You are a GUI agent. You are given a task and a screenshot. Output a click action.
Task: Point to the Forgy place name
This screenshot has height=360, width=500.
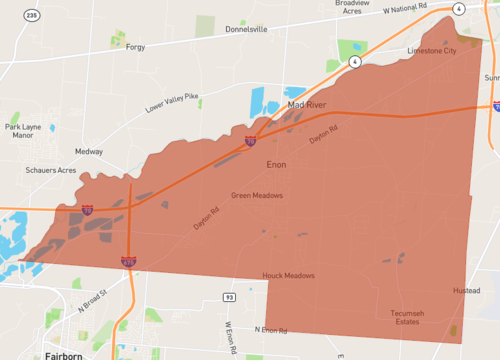(135, 47)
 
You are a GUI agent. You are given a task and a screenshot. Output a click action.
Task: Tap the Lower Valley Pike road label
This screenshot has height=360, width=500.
(172, 102)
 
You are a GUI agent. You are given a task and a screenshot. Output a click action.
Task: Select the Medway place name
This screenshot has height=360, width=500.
(88, 153)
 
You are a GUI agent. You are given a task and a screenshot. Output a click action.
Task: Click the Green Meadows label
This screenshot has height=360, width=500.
(257, 195)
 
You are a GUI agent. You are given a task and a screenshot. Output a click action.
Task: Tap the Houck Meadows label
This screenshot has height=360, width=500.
(288, 275)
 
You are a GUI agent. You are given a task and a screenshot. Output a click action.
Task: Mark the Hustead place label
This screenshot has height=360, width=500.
(467, 291)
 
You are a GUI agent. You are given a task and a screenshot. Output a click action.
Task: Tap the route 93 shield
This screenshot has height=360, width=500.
(229, 298)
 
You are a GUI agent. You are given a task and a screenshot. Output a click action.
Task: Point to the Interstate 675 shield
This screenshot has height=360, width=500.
(129, 261)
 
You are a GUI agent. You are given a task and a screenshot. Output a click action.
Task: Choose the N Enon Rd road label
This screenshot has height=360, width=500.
(271, 329)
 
